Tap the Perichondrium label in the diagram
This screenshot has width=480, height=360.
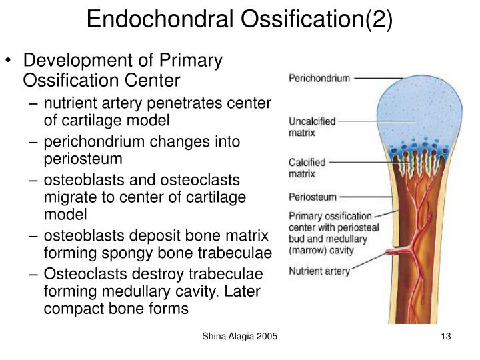[x=319, y=78]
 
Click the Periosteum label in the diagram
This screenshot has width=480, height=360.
[x=313, y=197]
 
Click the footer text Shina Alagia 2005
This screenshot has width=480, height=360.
[x=239, y=338]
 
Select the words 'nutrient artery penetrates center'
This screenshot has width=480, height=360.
[x=158, y=103]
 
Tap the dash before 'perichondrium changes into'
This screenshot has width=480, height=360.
[x=35, y=143]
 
